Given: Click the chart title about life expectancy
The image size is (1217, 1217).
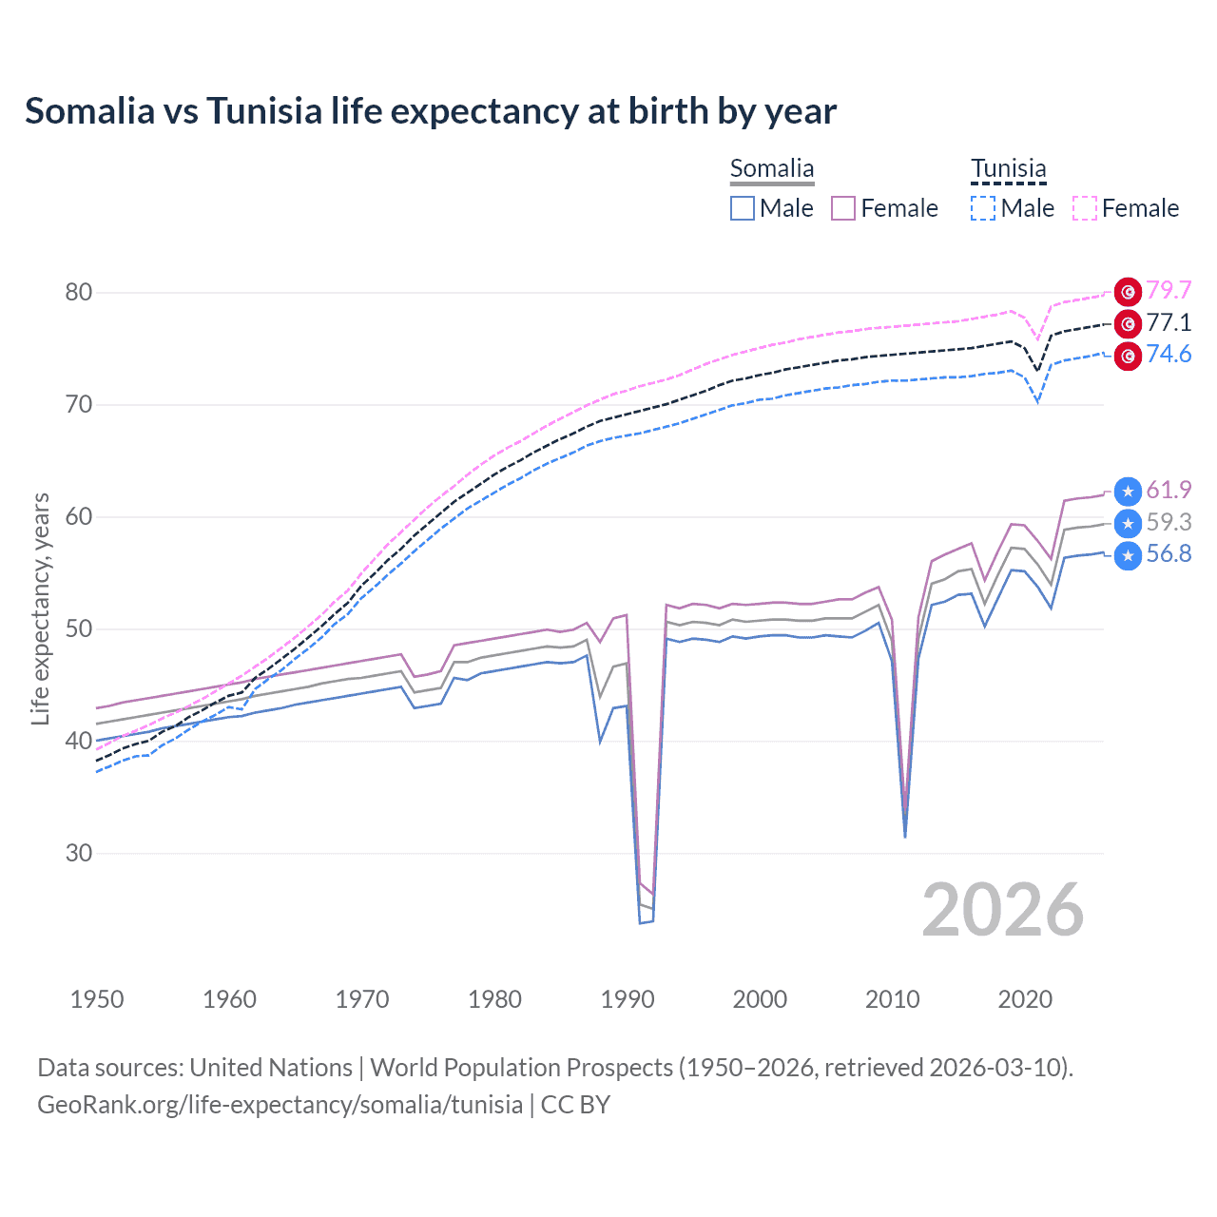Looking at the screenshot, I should click(430, 111).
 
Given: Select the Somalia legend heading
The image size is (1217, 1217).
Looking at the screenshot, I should click(772, 168).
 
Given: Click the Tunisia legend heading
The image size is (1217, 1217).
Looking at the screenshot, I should click(1008, 168).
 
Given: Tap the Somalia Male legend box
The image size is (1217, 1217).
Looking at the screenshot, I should click(743, 208).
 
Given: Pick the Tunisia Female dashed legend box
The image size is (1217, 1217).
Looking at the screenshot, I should click(1085, 208).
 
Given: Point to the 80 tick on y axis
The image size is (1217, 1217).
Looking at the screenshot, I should click(79, 292).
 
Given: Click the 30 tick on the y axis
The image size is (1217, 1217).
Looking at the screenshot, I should click(79, 853).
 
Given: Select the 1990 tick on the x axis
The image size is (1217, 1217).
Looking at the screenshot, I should click(628, 999).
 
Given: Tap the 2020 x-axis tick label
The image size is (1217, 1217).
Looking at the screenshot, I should click(1025, 999).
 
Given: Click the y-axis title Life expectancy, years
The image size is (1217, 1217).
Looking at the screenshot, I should click(40, 608).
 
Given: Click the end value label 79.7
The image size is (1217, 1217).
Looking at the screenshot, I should click(1169, 290).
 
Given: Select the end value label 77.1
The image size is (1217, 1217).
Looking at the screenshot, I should click(1169, 322).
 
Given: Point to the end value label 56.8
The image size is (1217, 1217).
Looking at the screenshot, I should click(1169, 553).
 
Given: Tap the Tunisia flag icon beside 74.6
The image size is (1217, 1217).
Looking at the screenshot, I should click(1128, 356).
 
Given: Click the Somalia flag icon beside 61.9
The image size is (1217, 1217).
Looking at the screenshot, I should click(1128, 491).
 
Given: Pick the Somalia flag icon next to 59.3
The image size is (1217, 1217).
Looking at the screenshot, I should click(1128, 523).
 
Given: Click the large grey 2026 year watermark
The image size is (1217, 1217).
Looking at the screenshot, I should click(1002, 910).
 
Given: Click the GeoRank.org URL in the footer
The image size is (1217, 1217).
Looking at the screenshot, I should click(280, 1105).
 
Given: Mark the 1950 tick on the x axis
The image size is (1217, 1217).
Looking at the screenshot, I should click(97, 999).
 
